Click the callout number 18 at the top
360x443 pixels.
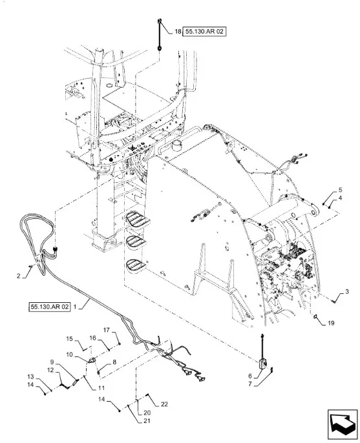point(178,32)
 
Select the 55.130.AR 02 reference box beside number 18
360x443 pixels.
point(205,32)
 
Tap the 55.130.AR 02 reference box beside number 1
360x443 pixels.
point(49,307)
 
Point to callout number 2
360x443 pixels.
point(19,276)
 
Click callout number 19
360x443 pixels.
point(331,323)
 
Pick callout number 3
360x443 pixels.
point(346,292)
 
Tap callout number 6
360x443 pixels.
point(250,376)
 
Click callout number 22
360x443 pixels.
point(164,404)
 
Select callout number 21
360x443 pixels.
point(147,421)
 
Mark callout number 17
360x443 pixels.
point(106,330)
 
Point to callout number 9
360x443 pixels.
point(52,362)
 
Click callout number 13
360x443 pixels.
point(30,376)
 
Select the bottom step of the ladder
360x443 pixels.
point(136,265)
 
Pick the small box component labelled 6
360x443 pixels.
point(264,364)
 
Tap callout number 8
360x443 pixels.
point(114,362)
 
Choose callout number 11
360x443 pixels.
point(101,388)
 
